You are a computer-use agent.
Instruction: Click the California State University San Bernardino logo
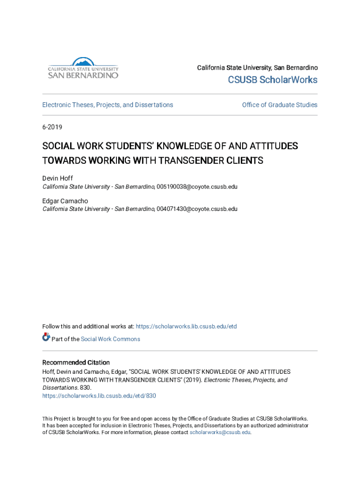pyautogui.click(x=83, y=68)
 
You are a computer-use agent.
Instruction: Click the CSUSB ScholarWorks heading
pyautogui.click(x=273, y=80)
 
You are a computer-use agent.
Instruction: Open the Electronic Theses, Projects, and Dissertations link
pyautogui.click(x=108, y=105)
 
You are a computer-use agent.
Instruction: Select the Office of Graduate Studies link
pyautogui.click(x=280, y=105)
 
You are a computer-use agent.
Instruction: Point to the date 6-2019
pyautogui.click(x=52, y=127)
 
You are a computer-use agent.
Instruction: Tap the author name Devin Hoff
pyautogui.click(x=58, y=178)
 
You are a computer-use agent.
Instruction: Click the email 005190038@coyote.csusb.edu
pyautogui.click(x=197, y=187)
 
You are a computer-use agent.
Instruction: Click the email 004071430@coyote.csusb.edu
pyautogui.click(x=197, y=209)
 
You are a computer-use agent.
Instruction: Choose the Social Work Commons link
pyautogui.click(x=110, y=339)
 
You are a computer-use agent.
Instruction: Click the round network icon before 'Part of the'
pyautogui.click(x=46, y=337)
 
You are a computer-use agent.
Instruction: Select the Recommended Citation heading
pyautogui.click(x=76, y=363)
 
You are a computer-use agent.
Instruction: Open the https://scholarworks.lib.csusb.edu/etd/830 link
pyautogui.click(x=99, y=396)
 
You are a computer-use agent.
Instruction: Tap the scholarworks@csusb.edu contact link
pyautogui.click(x=220, y=433)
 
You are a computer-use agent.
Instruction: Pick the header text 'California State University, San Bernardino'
pyautogui.click(x=257, y=68)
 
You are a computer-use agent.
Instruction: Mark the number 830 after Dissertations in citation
pyautogui.click(x=85, y=388)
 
